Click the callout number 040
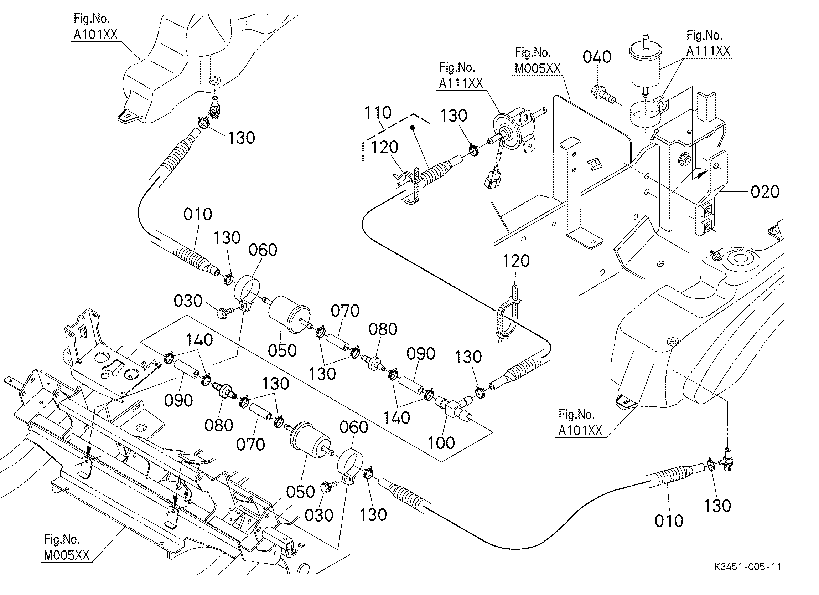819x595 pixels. pos(597,57)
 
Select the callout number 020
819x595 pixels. pos(765,192)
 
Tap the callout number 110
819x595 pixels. pos(378,113)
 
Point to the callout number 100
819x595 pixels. pos(441,443)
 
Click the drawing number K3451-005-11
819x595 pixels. pos(747,576)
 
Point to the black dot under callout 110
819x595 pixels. pos(412,128)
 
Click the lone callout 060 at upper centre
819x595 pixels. pos(263,250)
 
